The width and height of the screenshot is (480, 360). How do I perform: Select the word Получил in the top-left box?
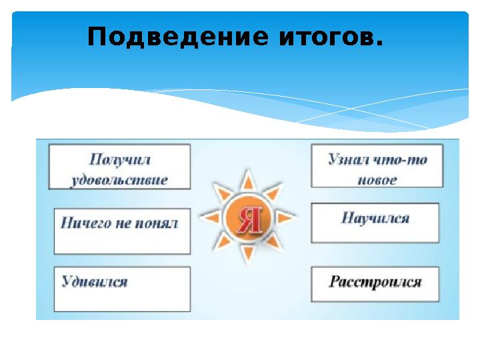click(x=119, y=160)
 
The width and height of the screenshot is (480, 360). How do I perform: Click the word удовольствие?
click(x=119, y=180)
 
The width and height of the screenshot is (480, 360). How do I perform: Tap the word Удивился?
click(x=95, y=281)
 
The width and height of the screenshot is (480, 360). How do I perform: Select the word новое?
click(x=377, y=180)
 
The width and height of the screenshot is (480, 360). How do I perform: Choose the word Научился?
click(x=375, y=218)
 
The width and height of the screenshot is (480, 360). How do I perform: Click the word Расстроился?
click(x=375, y=281)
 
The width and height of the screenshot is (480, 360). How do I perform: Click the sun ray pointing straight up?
click(x=247, y=179)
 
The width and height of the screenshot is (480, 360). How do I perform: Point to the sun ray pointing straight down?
click(x=247, y=256)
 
